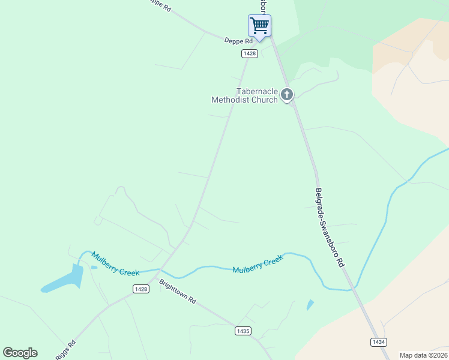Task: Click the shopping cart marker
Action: coord(259,26)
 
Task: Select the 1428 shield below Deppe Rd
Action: coord(250,53)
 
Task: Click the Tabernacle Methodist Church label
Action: coord(245,95)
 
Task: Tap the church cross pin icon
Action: coord(287,94)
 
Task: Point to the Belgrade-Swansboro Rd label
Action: coord(330,227)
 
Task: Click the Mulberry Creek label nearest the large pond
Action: coord(115,265)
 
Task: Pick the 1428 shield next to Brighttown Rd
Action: coord(141,289)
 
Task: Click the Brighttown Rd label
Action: coord(178,292)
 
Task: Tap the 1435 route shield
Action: coord(243,331)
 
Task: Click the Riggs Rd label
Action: coord(65,350)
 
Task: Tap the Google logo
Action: coord(20,353)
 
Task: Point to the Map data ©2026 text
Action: coord(424,355)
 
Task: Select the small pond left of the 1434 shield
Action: coord(310,305)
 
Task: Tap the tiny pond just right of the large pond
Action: coord(94,267)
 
